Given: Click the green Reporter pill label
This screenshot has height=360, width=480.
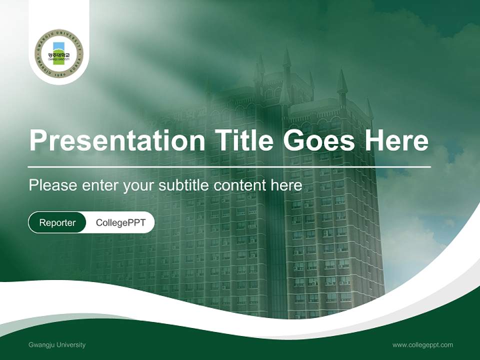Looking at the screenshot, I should pyautogui.click(x=57, y=222).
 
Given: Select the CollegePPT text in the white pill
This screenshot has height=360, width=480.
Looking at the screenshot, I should pyautogui.click(x=120, y=222).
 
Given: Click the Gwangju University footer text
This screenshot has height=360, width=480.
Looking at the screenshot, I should pyautogui.click(x=57, y=344).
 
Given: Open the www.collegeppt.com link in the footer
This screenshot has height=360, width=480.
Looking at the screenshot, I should pyautogui.click(x=422, y=344).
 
